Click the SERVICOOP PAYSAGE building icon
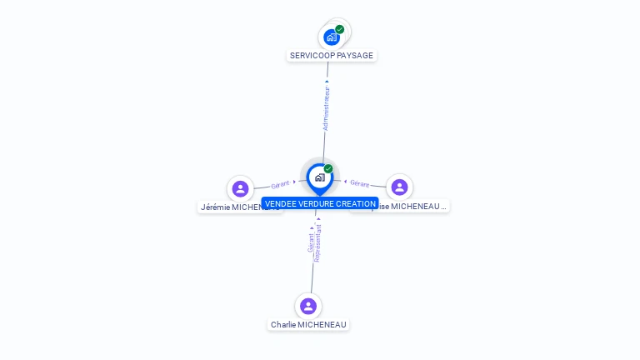(332, 37)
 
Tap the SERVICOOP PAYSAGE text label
(332, 56)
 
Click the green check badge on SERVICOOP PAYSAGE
(340, 29)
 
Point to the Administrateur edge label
(326, 108)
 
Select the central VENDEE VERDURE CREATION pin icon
(319, 177)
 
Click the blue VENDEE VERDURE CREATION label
(320, 203)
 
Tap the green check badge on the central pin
(328, 168)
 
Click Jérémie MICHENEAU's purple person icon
(241, 188)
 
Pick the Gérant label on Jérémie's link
(280, 184)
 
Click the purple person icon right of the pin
(399, 187)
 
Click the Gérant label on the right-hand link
(359, 183)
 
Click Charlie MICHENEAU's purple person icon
(308, 306)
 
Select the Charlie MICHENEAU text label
(308, 324)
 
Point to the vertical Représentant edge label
(318, 243)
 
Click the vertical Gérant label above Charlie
(311, 242)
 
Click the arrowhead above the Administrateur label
(327, 81)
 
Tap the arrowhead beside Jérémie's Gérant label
(294, 182)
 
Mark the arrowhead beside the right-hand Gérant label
(345, 181)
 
